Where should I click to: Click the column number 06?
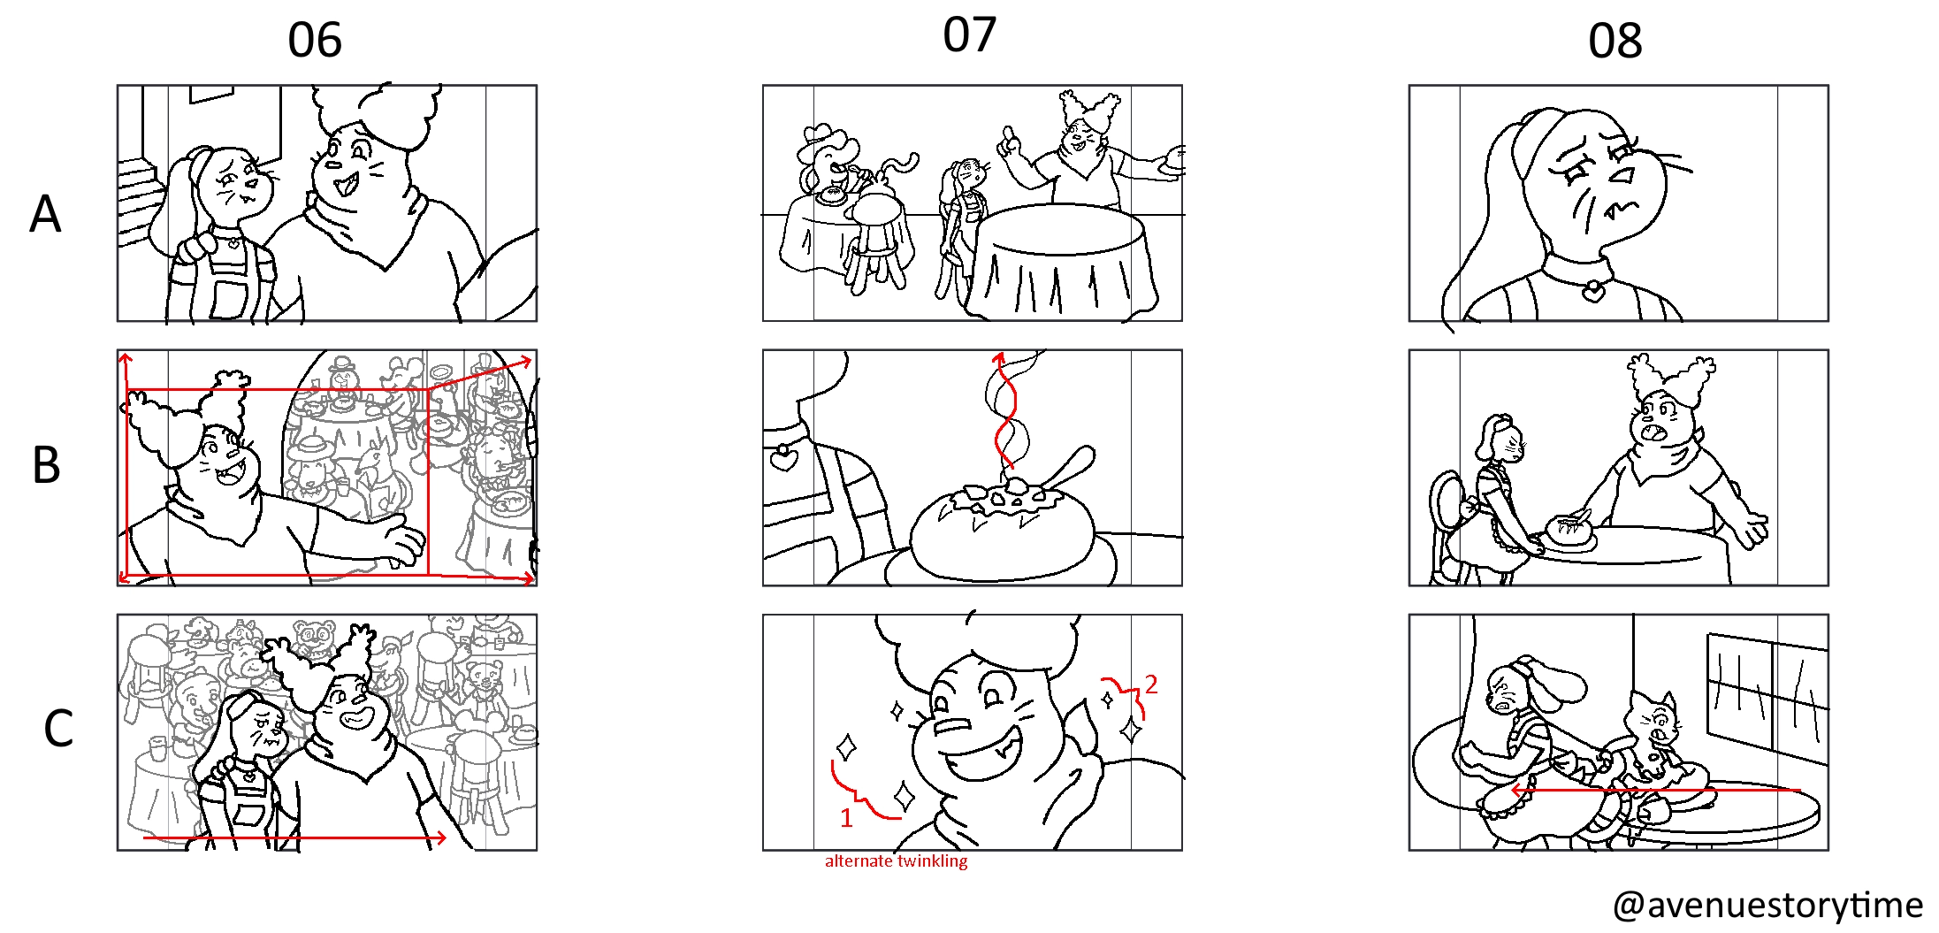tap(315, 41)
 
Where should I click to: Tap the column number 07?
tap(970, 35)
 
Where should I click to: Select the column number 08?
tap(1615, 41)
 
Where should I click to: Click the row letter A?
tap(46, 214)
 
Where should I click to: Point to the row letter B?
tap(46, 464)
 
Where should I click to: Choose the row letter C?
tap(58, 729)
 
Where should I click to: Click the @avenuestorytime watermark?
tap(1767, 906)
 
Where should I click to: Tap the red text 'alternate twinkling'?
tap(896, 860)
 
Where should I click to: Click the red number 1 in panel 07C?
tap(846, 818)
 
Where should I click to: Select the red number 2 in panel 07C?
tap(1150, 684)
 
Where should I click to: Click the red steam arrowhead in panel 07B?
tap(999, 359)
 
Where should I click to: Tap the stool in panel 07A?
tap(876, 241)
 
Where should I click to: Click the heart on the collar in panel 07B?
tap(782, 458)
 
